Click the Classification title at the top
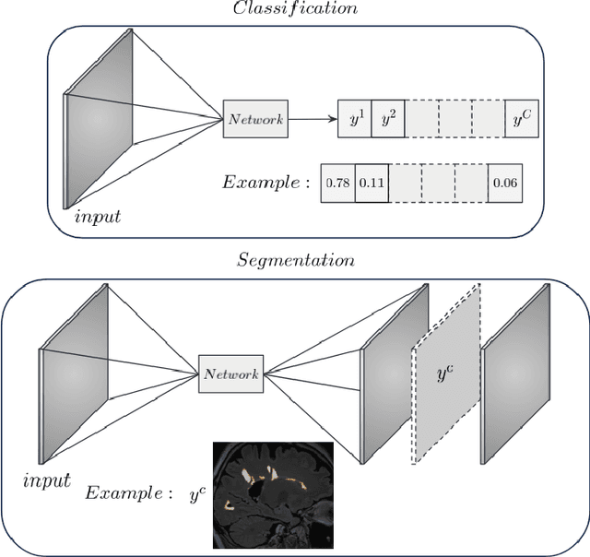pyautogui.click(x=294, y=8)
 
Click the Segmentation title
pyautogui.click(x=294, y=260)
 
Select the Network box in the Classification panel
pyautogui.click(x=255, y=119)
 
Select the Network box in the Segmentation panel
pyautogui.click(x=231, y=373)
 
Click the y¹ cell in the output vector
pyautogui.click(x=355, y=120)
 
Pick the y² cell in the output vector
pyautogui.click(x=388, y=120)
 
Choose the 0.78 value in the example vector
pyautogui.click(x=336, y=183)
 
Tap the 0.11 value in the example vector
pyautogui.click(x=372, y=183)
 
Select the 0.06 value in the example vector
pyautogui.click(x=504, y=183)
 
